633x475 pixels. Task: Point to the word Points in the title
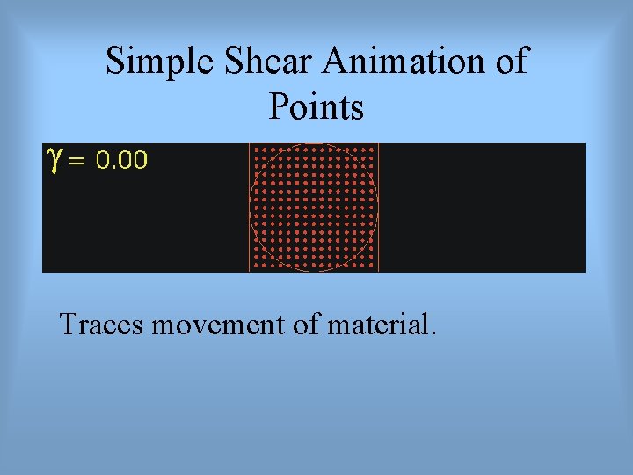(316, 107)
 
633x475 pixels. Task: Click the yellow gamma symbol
(55, 158)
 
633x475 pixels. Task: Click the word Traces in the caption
(102, 325)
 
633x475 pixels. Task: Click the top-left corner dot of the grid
(255, 149)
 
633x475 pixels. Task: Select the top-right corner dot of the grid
(374, 149)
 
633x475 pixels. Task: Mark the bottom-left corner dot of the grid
(255, 267)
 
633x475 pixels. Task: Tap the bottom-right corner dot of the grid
(374, 267)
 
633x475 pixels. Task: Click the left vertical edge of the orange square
(250, 208)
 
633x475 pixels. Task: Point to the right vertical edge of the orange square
(379, 208)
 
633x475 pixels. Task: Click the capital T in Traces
(68, 325)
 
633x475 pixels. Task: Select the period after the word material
(432, 333)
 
